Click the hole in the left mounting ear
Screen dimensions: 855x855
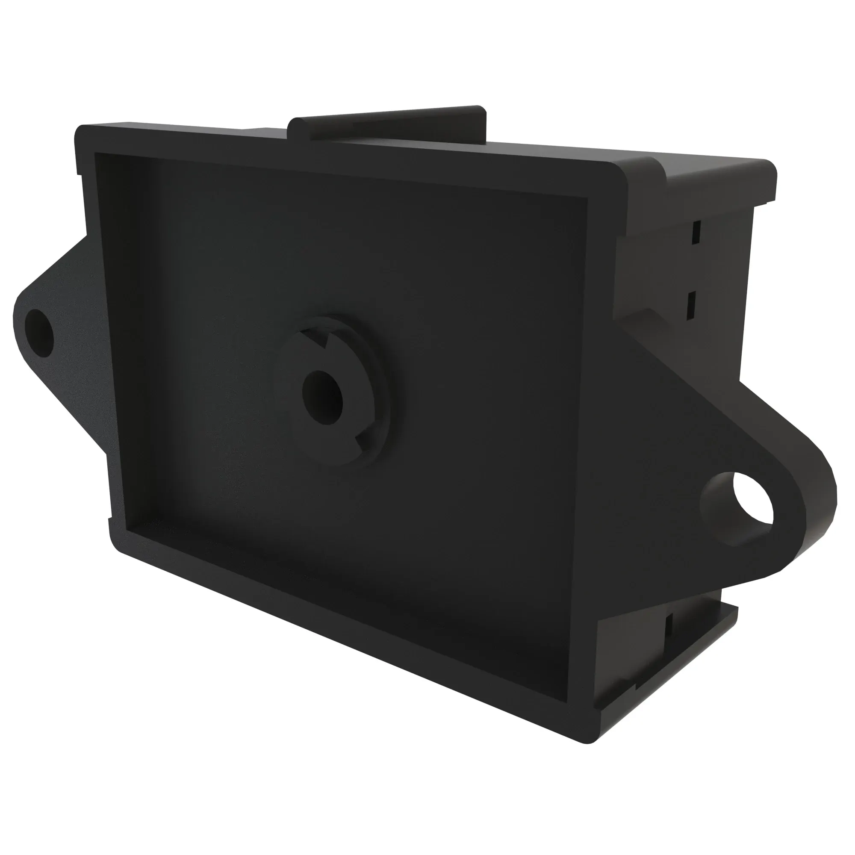tap(39, 333)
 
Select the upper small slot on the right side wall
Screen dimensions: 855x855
tap(696, 232)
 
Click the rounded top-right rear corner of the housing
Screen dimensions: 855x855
tap(768, 168)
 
